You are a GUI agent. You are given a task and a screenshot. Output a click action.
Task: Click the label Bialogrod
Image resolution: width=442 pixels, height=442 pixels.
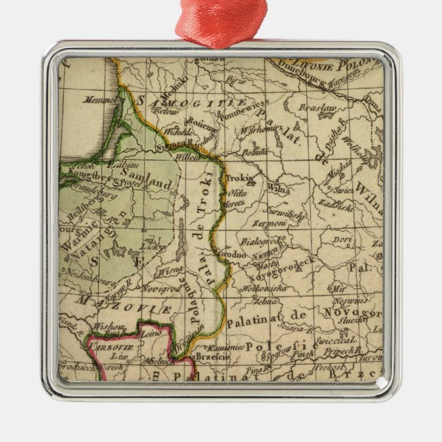pos(261,242)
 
